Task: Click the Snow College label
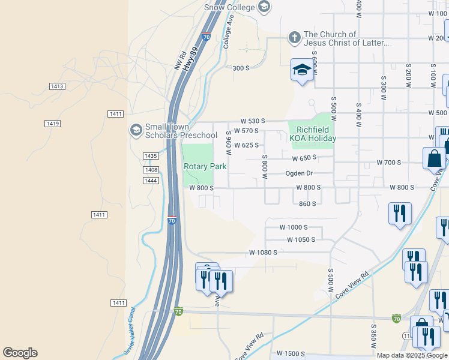pyautogui.click(x=229, y=7)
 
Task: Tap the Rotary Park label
pyautogui.click(x=205, y=166)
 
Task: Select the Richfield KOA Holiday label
pyautogui.click(x=312, y=134)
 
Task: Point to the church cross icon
pyautogui.click(x=294, y=38)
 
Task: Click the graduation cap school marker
pyautogui.click(x=303, y=70)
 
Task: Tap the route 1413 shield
pyautogui.click(x=57, y=87)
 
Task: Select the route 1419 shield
pyautogui.click(x=52, y=124)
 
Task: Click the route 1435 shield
pyautogui.click(x=151, y=156)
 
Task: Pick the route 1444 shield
pyautogui.click(x=151, y=181)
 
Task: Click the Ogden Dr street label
pyautogui.click(x=299, y=173)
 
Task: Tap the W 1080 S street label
pyautogui.click(x=264, y=253)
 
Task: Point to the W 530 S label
pyautogui.click(x=253, y=121)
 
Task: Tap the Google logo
pyautogui.click(x=20, y=353)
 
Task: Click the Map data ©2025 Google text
pyautogui.click(x=412, y=355)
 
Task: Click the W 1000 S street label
pyautogui.click(x=294, y=227)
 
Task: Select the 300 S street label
pyautogui.click(x=241, y=68)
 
